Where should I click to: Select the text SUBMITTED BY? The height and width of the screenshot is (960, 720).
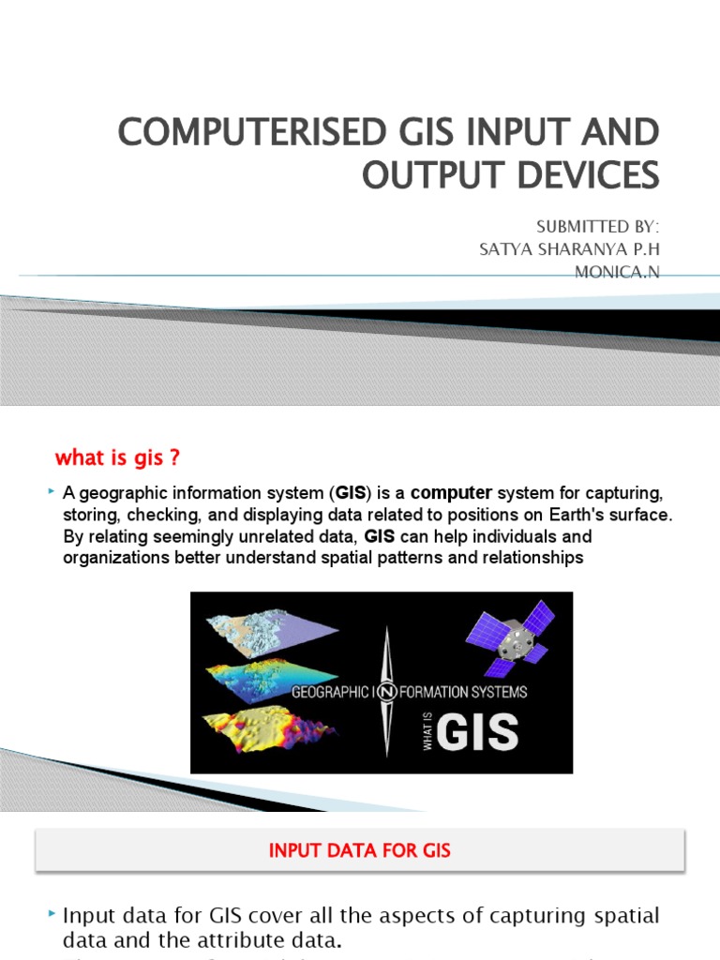pyautogui.click(x=597, y=229)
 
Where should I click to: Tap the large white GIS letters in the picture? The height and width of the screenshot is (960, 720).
pyautogui.click(x=477, y=732)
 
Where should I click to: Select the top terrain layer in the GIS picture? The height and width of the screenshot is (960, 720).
pyautogui.click(x=260, y=633)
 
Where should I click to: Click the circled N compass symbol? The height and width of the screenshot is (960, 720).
pyautogui.click(x=385, y=693)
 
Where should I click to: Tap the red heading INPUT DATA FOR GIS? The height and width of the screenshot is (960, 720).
pyautogui.click(x=360, y=851)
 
